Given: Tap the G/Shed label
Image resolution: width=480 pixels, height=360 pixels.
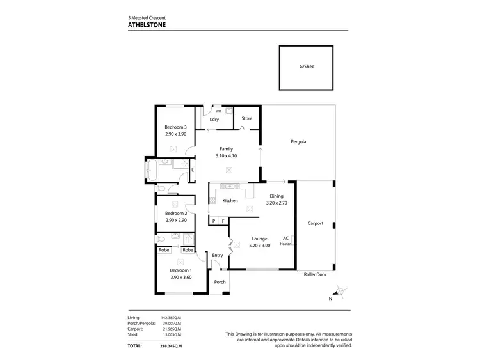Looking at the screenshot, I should [x=307, y=67].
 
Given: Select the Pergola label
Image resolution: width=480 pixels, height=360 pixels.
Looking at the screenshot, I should [x=298, y=141].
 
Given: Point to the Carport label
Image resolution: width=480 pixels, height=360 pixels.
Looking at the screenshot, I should [x=315, y=223].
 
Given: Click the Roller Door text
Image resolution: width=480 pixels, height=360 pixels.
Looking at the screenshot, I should [x=315, y=274].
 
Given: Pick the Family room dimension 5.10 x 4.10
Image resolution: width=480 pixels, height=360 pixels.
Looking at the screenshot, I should [x=226, y=155].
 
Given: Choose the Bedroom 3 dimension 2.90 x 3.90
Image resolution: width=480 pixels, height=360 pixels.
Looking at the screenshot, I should [x=175, y=134].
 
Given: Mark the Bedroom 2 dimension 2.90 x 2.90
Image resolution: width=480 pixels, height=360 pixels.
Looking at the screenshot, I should [x=175, y=220].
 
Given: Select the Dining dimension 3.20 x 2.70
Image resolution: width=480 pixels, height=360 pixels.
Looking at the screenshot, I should [x=276, y=203].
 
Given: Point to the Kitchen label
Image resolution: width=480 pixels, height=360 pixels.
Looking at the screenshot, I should [x=230, y=201].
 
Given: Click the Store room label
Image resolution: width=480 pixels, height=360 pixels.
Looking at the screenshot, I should [x=246, y=118].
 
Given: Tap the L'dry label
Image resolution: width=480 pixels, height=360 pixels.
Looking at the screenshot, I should [x=215, y=120].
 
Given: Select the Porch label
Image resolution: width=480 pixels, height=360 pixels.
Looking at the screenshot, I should [x=220, y=282].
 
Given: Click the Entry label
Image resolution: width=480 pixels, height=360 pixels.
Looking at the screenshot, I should [x=218, y=256].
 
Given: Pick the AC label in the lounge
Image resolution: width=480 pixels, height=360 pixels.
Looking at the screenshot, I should [x=285, y=238].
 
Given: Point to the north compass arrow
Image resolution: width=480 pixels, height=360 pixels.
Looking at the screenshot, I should [x=339, y=292].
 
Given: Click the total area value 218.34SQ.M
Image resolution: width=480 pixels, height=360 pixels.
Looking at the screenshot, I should [x=171, y=346].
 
